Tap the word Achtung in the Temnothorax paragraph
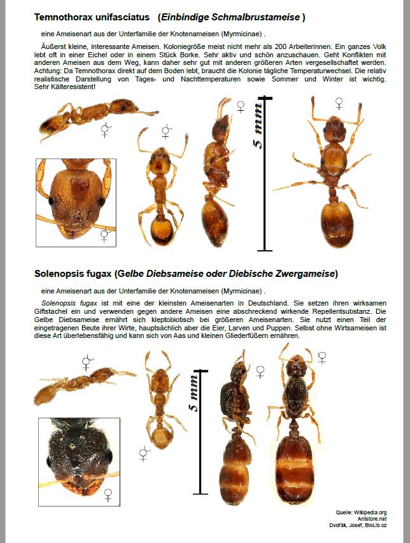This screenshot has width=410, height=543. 50,71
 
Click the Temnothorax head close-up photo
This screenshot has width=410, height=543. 75,201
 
